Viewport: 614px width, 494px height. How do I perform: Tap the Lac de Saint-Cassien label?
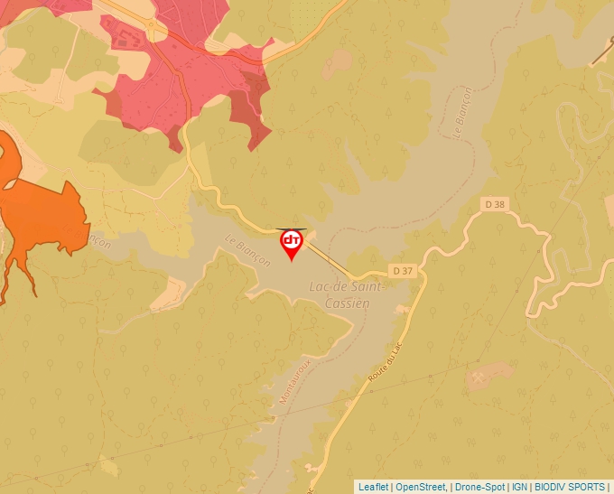tap(347, 294)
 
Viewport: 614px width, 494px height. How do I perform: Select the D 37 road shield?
tap(403, 271)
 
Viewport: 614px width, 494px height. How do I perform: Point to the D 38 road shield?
tap(494, 204)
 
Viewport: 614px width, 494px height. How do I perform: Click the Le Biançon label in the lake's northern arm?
tap(460, 112)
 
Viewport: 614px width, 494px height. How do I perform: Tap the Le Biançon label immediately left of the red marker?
tap(247, 250)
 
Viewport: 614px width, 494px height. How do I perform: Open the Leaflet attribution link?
tap(373, 487)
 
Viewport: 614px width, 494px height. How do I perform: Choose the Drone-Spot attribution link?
tap(479, 487)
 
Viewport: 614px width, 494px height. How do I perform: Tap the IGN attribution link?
tap(519, 487)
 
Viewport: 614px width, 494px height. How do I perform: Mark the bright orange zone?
tap(36, 208)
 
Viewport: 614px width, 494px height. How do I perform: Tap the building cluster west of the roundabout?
tap(126, 37)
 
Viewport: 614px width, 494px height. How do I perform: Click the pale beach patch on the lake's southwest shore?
tap(170, 291)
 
